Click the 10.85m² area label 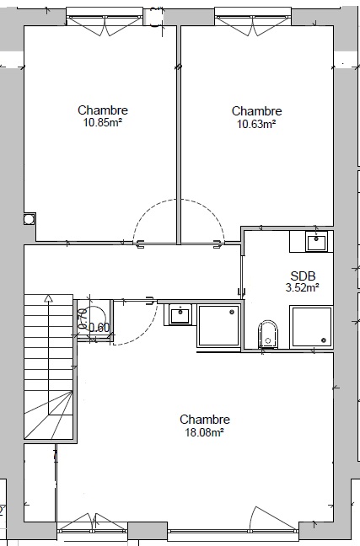pos(103,122)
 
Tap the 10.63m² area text pos(257,124)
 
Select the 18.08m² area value pos(204,432)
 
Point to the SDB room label pos(303,276)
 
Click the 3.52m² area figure pos(303,287)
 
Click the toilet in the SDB pos(268,334)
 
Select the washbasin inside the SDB pos(316,241)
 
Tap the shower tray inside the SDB pos(312,327)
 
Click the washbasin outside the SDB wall pos(180,314)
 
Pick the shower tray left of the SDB pos(219,325)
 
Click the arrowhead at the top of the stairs pos(48,298)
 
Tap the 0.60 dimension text pos(99,328)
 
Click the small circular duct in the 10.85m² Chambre pos(29,219)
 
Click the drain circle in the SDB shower pos(324,340)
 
